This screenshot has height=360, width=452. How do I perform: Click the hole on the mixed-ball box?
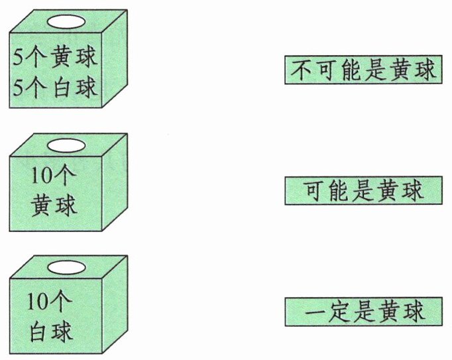tap(66, 22)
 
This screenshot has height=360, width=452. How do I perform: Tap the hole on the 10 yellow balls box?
tap(66, 145)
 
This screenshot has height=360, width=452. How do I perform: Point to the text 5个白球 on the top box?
tap(55, 86)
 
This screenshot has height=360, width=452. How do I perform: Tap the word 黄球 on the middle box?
tap(54, 204)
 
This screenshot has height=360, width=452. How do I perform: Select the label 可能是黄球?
tap(362, 191)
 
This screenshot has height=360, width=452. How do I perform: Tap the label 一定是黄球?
tap(363, 312)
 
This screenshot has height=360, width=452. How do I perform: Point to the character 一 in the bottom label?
tap(312, 312)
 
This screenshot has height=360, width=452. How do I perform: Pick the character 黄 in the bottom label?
tap(389, 312)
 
